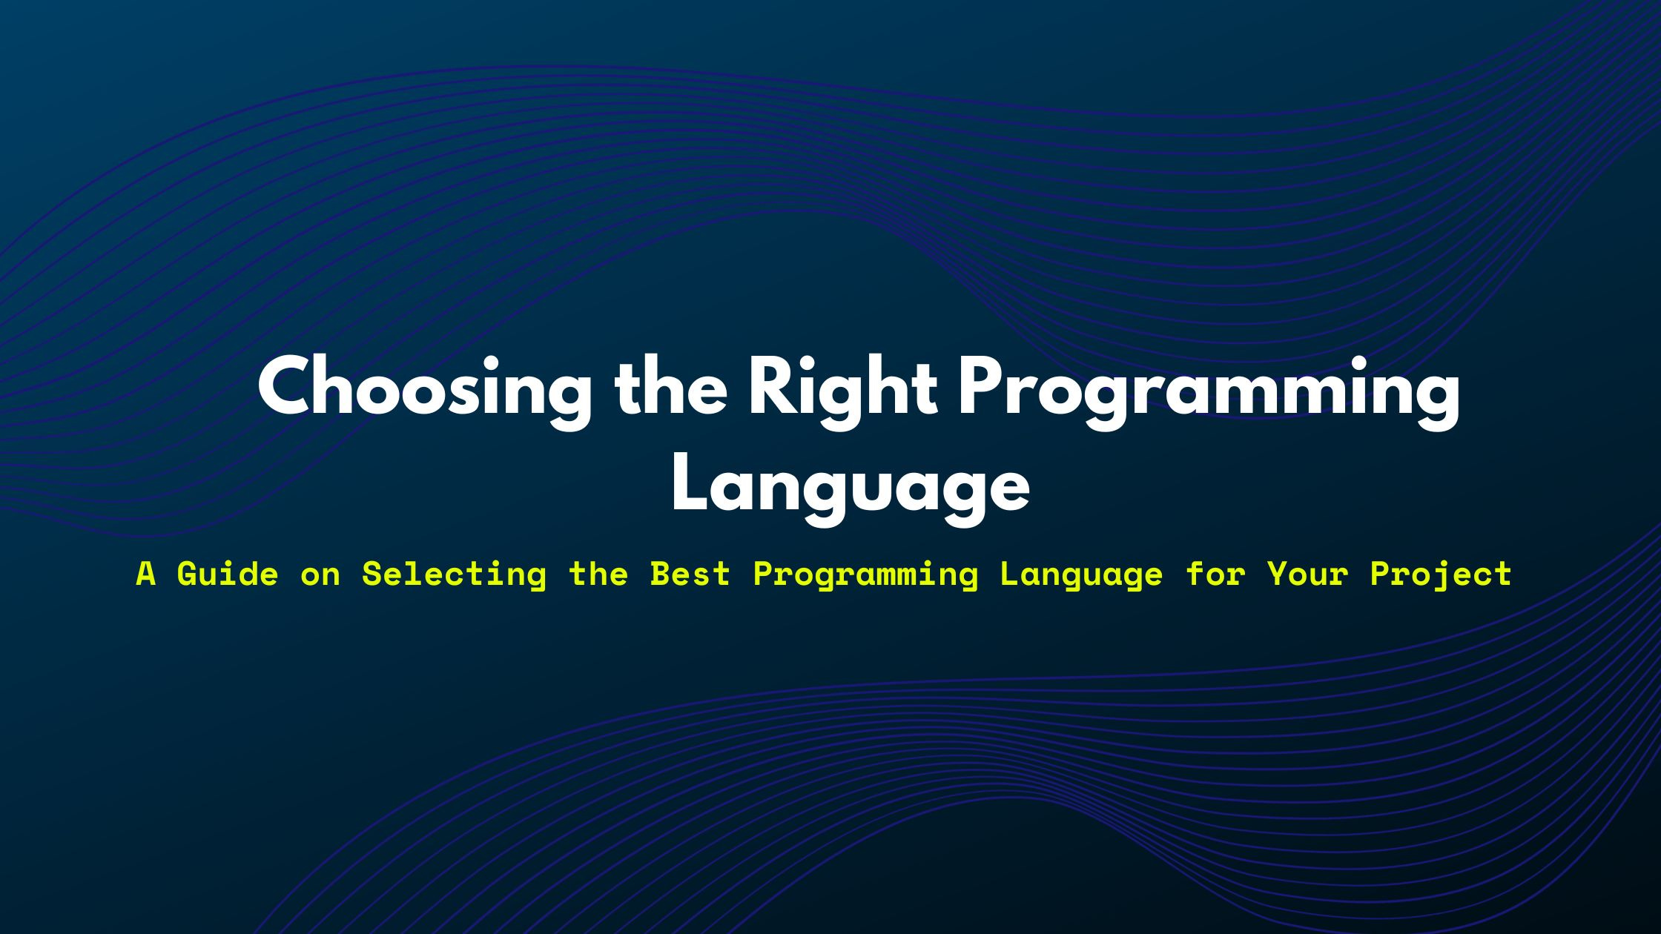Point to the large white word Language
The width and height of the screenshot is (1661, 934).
(850, 487)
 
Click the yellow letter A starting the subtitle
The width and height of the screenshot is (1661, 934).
(146, 574)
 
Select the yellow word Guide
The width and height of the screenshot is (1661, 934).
(228, 574)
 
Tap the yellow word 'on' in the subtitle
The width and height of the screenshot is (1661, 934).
(320, 574)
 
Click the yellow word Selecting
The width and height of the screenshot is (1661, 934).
(454, 574)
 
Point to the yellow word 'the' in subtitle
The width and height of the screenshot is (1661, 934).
(598, 574)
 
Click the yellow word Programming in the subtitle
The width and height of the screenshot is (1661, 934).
(865, 574)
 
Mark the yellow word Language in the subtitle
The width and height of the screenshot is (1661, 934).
(1081, 574)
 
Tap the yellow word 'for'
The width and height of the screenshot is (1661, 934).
(1215, 574)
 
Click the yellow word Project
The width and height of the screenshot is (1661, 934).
(1441, 574)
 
